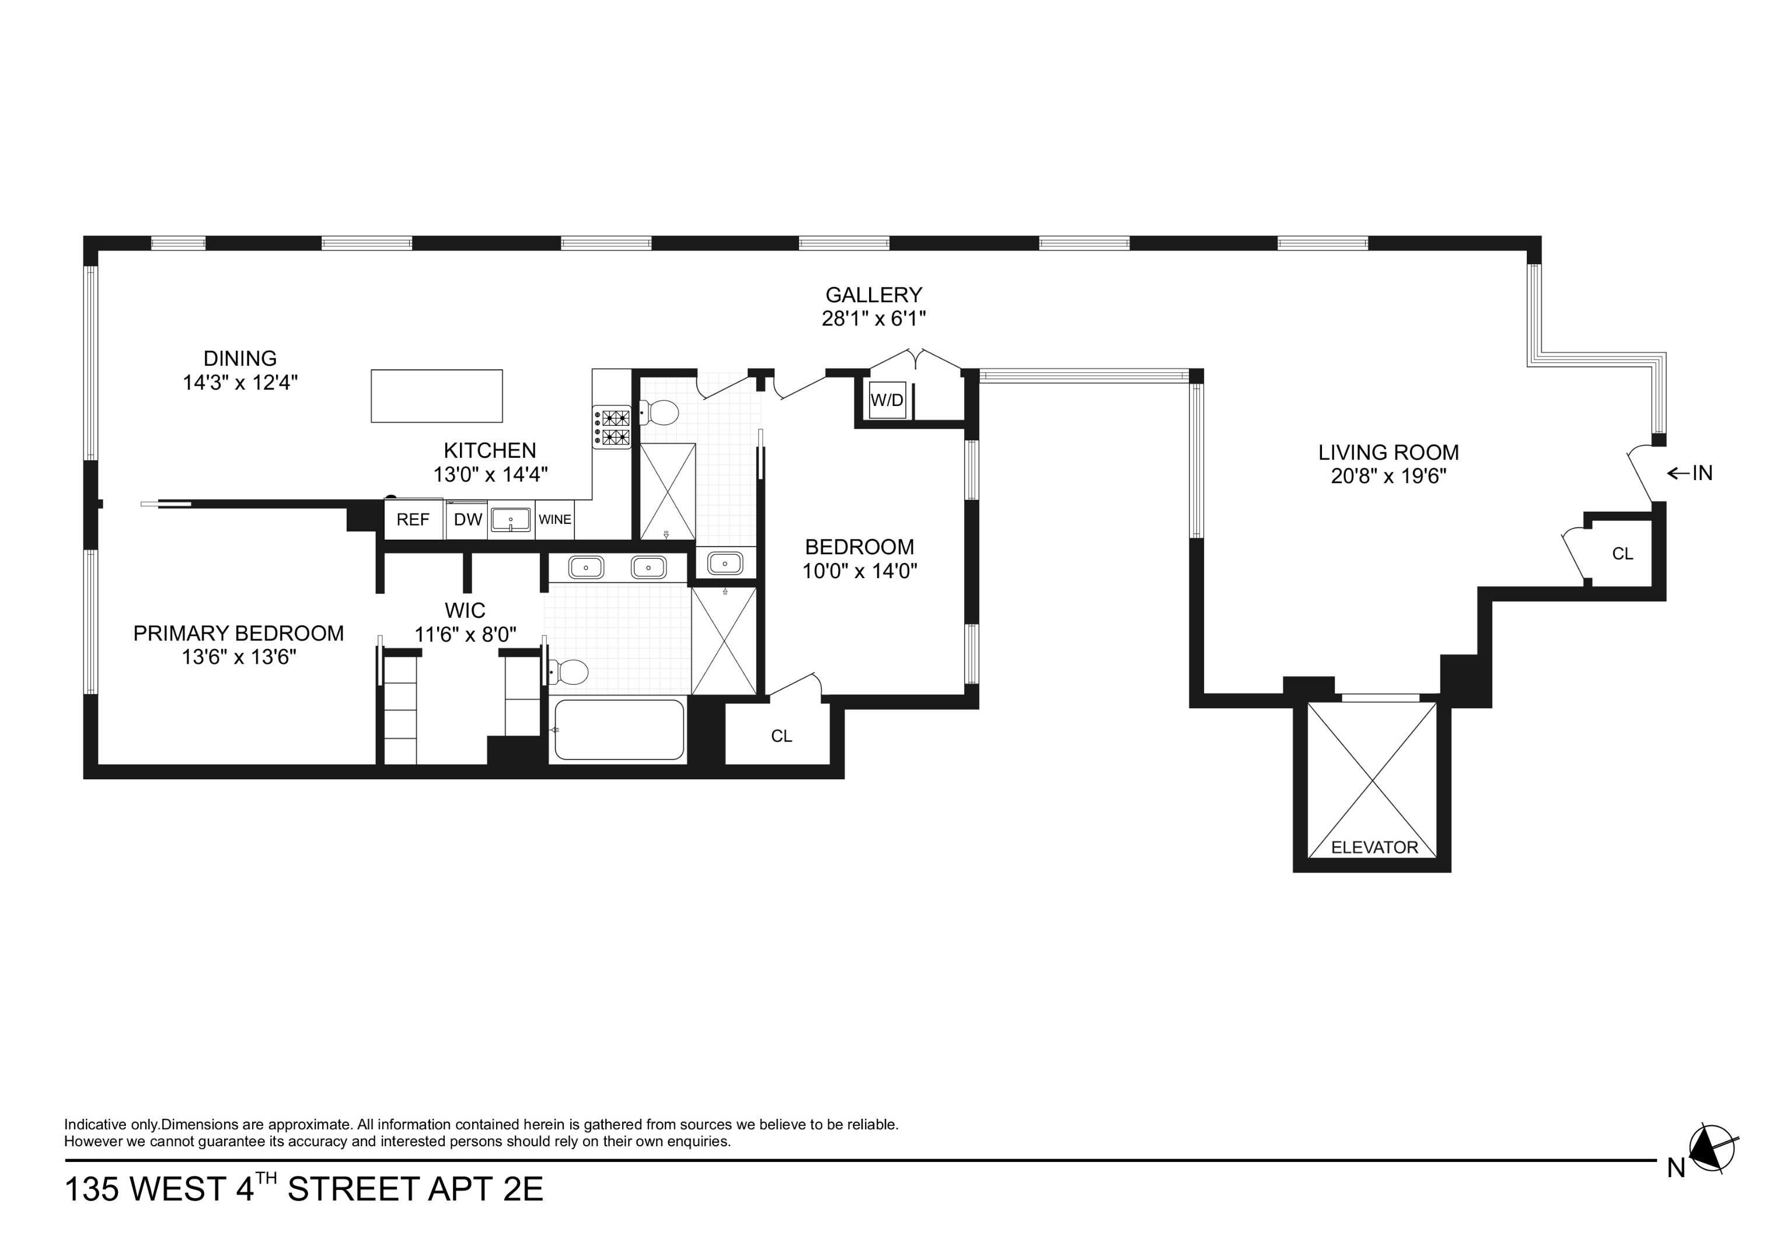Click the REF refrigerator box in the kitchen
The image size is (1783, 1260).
point(413,519)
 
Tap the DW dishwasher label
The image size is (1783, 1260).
point(467,519)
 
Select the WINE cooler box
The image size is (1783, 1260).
point(554,519)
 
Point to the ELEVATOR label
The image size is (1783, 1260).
point(1374,848)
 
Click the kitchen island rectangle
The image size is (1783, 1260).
point(437,396)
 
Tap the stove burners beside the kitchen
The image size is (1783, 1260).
point(612,427)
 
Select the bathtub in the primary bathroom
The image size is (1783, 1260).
point(619,730)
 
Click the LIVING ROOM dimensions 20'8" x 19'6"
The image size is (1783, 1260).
point(1388,476)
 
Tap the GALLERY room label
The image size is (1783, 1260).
point(874,295)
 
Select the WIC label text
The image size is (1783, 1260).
point(465,610)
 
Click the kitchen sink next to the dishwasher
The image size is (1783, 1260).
point(510,519)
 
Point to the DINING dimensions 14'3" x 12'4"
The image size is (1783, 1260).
point(240,383)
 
